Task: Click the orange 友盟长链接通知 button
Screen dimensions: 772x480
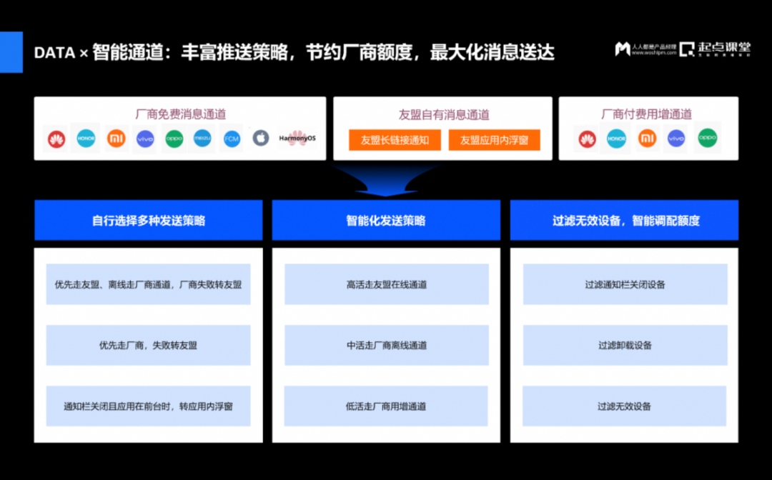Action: (395, 140)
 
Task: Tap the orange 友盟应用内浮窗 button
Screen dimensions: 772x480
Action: (494, 140)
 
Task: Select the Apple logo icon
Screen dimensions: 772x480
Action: (261, 139)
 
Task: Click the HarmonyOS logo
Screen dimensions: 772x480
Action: (297, 138)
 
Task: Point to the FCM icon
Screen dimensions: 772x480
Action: (232, 139)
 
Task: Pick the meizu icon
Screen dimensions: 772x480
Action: (202, 139)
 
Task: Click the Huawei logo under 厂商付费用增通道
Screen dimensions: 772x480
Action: (587, 139)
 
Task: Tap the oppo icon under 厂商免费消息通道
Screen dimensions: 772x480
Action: (174, 139)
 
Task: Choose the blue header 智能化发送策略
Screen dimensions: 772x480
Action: (386, 221)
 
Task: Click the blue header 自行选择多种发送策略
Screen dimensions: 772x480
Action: (149, 221)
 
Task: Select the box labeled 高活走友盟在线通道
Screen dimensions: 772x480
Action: (386, 284)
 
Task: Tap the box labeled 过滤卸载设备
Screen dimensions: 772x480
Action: (625, 345)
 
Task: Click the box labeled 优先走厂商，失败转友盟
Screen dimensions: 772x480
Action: (148, 345)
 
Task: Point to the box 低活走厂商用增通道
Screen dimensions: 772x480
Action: (386, 406)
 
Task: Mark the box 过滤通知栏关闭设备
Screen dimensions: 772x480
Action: (625, 284)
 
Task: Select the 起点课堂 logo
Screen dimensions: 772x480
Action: (715, 49)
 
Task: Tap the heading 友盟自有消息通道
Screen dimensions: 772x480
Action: (443, 114)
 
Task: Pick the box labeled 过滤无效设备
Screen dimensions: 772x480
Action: (625, 406)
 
